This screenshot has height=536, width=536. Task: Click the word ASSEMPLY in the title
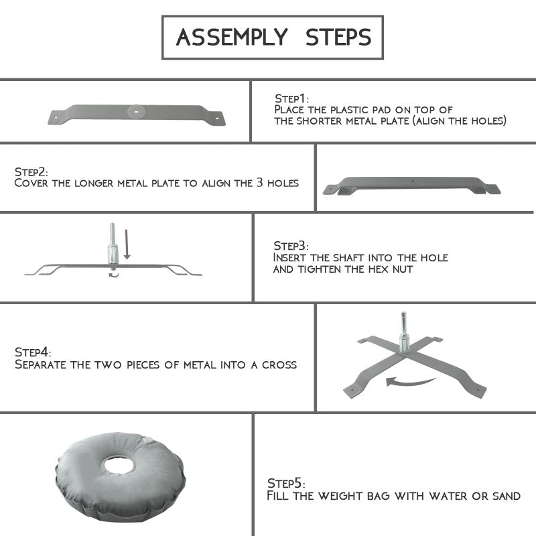[232, 38]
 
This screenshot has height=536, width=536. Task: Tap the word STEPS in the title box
[338, 38]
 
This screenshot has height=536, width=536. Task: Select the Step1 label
[291, 98]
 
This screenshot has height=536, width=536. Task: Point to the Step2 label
[31, 172]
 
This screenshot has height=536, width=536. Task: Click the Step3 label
[291, 246]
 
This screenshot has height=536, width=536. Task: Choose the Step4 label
[33, 352]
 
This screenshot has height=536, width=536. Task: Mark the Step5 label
[286, 483]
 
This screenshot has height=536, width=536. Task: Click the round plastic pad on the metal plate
[137, 111]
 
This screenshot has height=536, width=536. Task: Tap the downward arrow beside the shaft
[127, 244]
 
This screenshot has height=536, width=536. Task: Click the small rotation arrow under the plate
[114, 274]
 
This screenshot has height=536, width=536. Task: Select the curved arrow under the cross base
[410, 382]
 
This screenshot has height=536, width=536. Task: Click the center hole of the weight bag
[119, 465]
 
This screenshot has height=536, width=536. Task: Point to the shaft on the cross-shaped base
[404, 332]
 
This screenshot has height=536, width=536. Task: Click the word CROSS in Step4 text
[279, 364]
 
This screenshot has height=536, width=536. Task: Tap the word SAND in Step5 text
[507, 496]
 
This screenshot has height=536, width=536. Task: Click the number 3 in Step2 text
[260, 182]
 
